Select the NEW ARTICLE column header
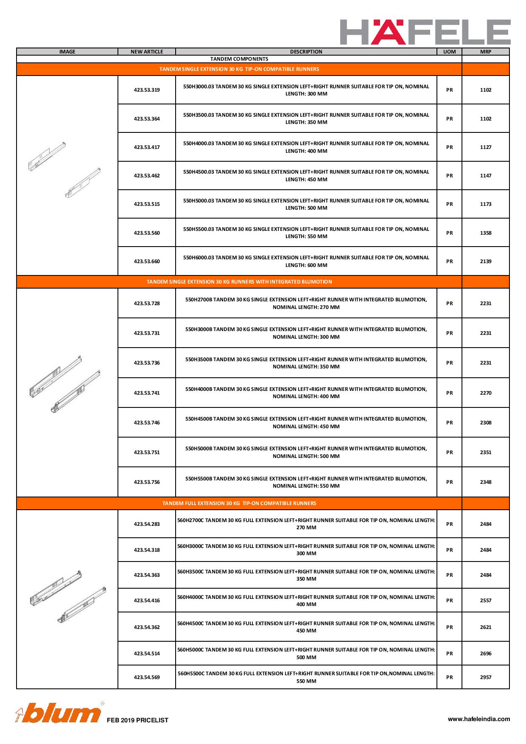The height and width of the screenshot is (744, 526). pos(147,52)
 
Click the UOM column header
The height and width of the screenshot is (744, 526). pos(449,52)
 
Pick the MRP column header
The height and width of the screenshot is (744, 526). pos(485,52)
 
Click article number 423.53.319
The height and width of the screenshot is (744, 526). pos(147,90)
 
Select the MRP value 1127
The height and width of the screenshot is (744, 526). pos(486,147)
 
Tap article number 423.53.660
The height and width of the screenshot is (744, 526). pos(147,261)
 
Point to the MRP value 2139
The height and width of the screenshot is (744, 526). pos(486,261)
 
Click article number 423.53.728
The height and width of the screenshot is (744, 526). pos(147,303)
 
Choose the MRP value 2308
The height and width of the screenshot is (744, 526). pos(486,423)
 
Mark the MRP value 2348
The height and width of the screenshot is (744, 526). pos(486,482)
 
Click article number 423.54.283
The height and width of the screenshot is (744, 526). pos(147,524)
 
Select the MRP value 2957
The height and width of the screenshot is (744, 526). pos(486,677)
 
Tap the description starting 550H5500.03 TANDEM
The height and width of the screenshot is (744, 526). pos(306,233)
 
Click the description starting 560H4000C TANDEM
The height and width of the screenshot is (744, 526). pos(306,601)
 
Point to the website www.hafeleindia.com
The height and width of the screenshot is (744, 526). pos(479,719)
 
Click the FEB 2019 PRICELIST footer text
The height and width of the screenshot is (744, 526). pos(137,720)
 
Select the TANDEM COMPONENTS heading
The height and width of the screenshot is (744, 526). pos(239,59)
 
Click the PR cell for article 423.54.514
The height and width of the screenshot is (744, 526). pos(449,654)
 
